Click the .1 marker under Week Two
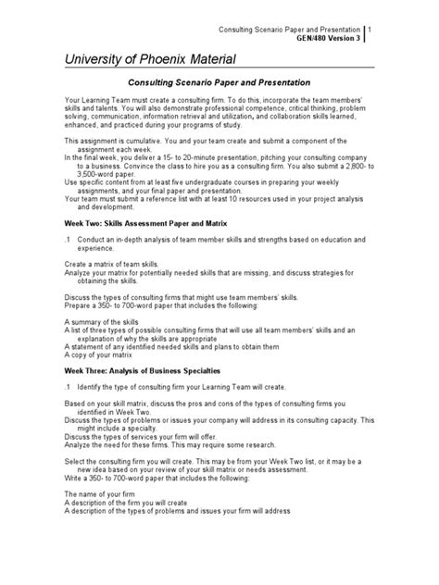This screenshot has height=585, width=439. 68,241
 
